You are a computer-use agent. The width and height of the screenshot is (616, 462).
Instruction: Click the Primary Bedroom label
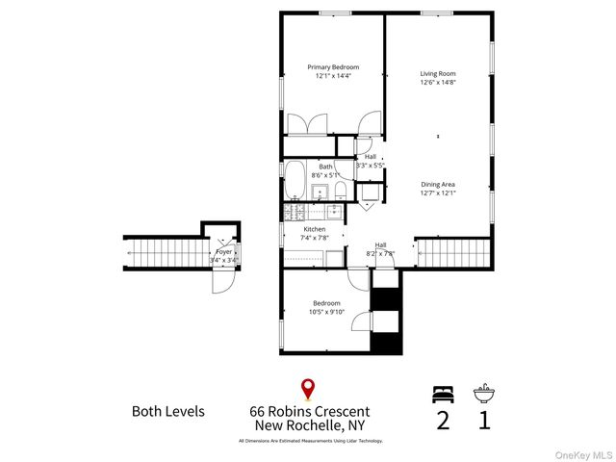(x=333, y=67)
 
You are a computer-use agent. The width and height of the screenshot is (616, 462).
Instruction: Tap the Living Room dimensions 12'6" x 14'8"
(x=437, y=83)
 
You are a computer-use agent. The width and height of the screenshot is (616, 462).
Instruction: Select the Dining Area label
(x=437, y=183)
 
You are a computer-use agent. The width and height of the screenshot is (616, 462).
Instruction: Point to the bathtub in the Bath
(x=295, y=180)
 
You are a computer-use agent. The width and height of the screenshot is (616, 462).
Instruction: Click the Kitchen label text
(x=315, y=229)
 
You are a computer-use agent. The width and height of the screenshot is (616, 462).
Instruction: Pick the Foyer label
(x=223, y=251)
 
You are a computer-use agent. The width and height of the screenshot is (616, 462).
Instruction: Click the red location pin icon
(x=308, y=390)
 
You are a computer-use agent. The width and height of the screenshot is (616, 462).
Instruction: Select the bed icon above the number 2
(x=442, y=394)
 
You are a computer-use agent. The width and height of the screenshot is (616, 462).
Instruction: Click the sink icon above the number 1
(x=483, y=394)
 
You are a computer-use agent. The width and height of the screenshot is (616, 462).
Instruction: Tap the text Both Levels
(x=167, y=411)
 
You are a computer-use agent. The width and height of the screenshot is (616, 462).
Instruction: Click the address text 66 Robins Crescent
(x=309, y=411)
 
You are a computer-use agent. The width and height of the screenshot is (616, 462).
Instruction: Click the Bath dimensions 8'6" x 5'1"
(x=326, y=175)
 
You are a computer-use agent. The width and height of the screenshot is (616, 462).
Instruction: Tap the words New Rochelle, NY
(x=309, y=426)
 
